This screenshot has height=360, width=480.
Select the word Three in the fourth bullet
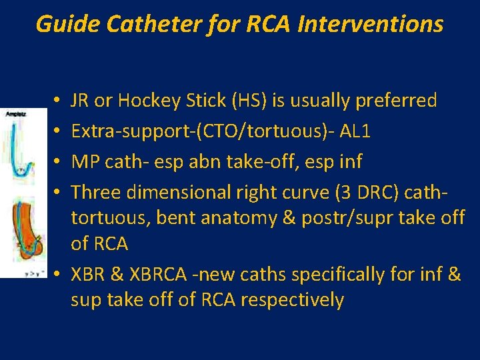91,193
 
